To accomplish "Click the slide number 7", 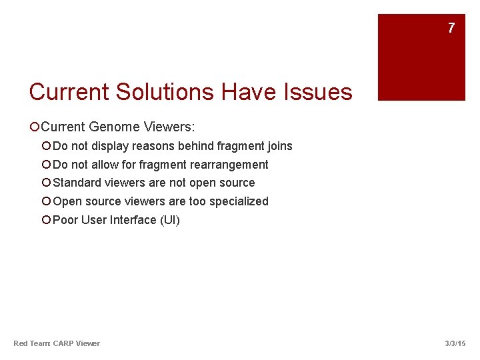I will (x=451, y=28).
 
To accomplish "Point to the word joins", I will (x=279, y=146).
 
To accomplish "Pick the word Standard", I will (x=77, y=183).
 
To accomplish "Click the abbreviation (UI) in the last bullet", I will (x=170, y=220).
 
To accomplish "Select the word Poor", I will (x=65, y=220).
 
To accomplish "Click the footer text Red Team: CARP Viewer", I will (x=57, y=343).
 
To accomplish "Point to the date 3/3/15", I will (x=455, y=343).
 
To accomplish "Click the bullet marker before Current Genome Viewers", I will (x=34, y=127).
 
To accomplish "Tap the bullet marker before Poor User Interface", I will (x=46, y=221).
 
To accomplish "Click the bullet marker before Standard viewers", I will (x=46, y=183).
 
